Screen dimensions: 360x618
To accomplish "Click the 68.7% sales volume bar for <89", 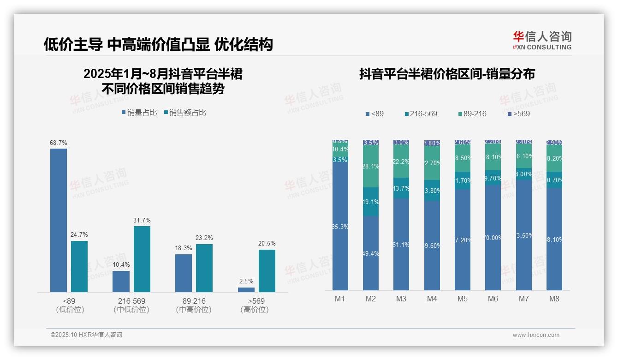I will pos(59,220).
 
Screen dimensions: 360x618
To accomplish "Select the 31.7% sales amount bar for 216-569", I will pos(142,259).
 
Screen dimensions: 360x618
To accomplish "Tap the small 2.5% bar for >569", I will pos(246,290).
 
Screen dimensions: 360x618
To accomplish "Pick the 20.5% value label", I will pos(267,244).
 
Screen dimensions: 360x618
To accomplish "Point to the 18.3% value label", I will pos(184,248).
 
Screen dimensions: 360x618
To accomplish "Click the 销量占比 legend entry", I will pos(139,113).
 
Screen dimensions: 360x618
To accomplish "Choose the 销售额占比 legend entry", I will pos(185,113).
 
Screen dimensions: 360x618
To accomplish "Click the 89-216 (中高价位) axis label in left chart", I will pos(194,305).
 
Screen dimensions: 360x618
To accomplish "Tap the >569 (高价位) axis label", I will pos(255,305).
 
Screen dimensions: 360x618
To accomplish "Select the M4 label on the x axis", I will pos(432,299).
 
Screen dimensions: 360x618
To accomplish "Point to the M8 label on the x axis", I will pos(554,299).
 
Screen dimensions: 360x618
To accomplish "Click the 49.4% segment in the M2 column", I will pos(371,253).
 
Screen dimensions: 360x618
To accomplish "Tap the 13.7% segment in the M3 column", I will pos(401,188).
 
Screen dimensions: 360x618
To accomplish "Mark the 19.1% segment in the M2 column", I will pos(371,202).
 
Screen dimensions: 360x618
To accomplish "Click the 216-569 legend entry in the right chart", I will pos(421,114).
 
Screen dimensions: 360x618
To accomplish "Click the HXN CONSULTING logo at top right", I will pos(542,41).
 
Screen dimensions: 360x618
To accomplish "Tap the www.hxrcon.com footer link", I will pos(536,335).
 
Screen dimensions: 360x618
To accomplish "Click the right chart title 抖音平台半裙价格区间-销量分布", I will pos(447,74).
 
